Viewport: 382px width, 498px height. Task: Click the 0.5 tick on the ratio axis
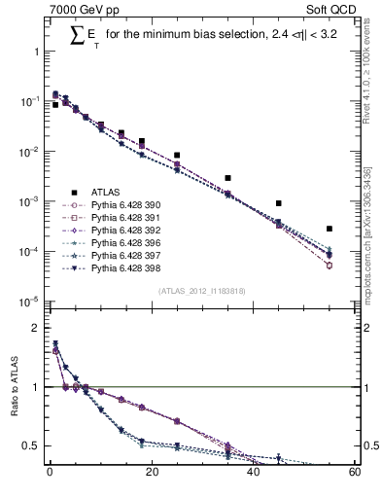[x=32, y=445]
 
